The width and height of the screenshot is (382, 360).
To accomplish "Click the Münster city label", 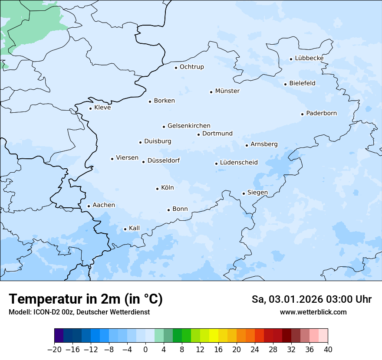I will (x=227, y=91).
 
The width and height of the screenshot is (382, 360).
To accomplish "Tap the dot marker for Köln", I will (x=157, y=189).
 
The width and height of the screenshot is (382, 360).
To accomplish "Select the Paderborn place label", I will (x=321, y=113).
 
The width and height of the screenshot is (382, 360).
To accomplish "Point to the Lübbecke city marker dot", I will (x=291, y=59).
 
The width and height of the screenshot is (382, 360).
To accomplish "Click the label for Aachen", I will (x=104, y=205).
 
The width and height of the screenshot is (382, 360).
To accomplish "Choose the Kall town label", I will (x=134, y=228).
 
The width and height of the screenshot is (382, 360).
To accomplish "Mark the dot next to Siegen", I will (x=244, y=193).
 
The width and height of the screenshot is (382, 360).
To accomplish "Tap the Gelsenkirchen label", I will (x=189, y=126).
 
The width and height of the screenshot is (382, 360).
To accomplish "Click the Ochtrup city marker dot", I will (x=176, y=67).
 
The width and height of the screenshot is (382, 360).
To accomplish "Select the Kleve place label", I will (x=102, y=108).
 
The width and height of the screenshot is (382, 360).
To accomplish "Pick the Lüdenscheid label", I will (x=239, y=163).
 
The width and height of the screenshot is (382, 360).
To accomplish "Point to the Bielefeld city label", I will (x=302, y=83).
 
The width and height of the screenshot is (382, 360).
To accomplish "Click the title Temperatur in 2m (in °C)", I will (x=86, y=299).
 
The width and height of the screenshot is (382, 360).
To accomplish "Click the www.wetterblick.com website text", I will (x=313, y=312).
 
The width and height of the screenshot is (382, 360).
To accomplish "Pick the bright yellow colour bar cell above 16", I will (x=214, y=336).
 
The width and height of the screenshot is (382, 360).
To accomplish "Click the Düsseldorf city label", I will (x=164, y=160).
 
